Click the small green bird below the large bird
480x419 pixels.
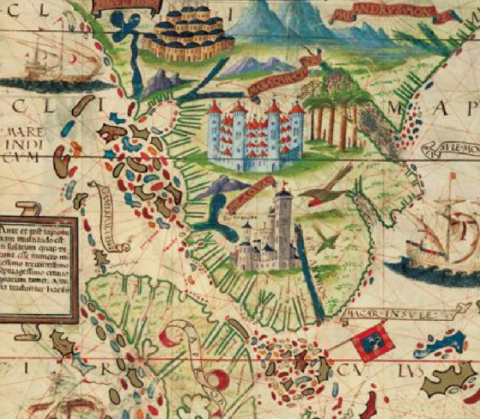[325, 241]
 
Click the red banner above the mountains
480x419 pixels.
[382, 13]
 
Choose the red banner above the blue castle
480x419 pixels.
[277, 73]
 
